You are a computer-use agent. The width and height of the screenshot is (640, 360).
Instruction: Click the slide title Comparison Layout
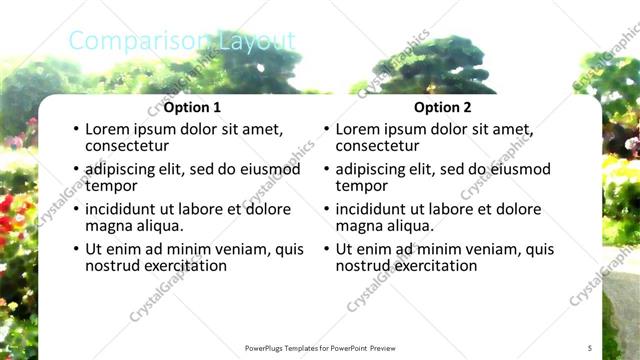point(182,41)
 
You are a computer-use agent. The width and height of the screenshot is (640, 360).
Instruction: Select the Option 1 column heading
point(193,107)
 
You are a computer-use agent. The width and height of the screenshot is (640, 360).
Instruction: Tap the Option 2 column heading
point(443,107)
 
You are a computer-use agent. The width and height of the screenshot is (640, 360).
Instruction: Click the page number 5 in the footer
point(590,347)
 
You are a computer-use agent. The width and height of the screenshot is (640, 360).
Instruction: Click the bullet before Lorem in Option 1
point(75,130)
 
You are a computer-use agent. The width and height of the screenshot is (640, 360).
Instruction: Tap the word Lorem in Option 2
point(358,129)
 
